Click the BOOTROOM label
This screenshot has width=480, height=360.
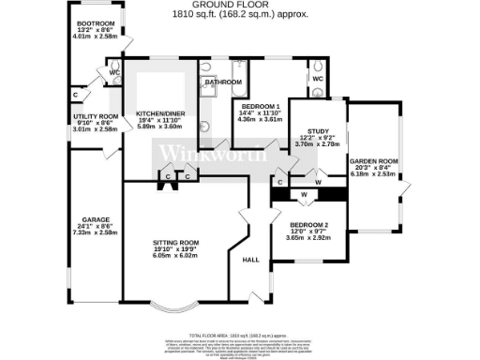(95, 22)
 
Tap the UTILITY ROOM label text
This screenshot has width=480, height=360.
(95, 116)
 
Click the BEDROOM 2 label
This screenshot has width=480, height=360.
(308, 225)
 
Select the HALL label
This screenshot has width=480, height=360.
(250, 260)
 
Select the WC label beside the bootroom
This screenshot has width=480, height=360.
(112, 72)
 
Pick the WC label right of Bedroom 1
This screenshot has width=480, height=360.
(317, 80)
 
